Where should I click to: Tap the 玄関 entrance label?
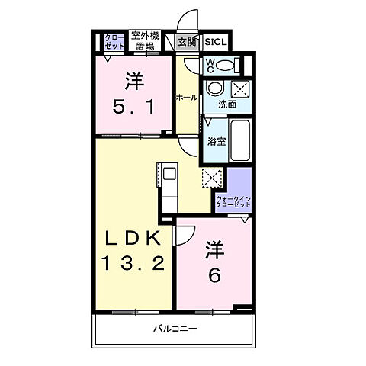point(187,43)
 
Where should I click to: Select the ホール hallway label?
point(187,98)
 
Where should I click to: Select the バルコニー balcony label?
point(175,329)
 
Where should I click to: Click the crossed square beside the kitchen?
point(211,178)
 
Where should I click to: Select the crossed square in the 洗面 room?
point(239,87)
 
